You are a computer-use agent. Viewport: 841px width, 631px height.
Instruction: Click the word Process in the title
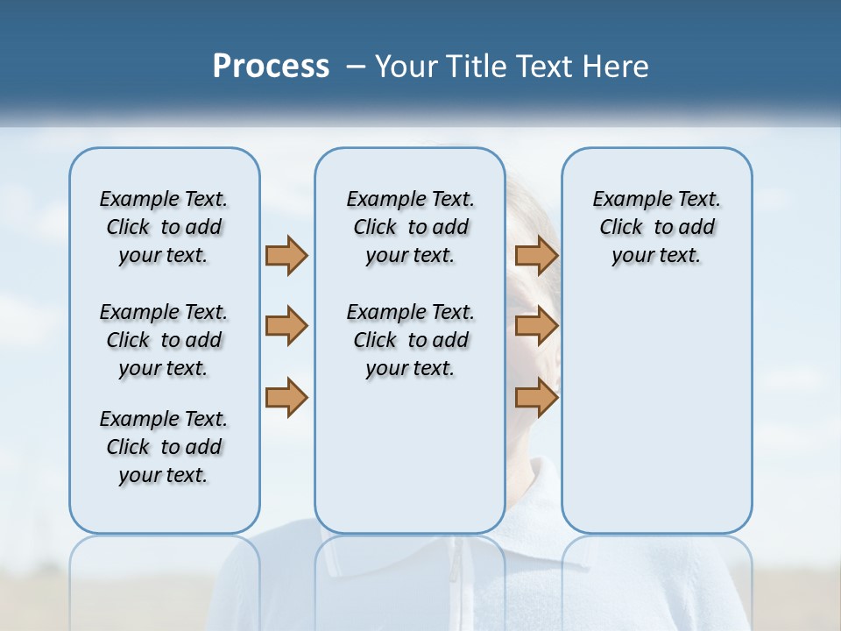[x=271, y=66]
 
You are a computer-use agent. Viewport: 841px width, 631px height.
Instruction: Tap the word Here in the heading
[x=616, y=66]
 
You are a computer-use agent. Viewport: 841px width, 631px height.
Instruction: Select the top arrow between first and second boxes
[x=286, y=255]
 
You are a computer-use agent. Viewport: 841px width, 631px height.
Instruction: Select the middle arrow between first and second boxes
[x=286, y=326]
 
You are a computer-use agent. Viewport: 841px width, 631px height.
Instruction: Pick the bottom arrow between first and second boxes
[x=286, y=398]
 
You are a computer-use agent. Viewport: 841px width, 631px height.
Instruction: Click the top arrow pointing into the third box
[x=536, y=255]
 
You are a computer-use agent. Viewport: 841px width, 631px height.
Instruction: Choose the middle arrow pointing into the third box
[x=536, y=326]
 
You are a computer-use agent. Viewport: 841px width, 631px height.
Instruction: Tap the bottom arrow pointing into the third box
[x=536, y=398]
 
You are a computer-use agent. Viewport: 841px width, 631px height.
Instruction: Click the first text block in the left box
[x=164, y=227]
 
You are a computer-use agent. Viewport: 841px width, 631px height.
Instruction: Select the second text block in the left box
[x=164, y=340]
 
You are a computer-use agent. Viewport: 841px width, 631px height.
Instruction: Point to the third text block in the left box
[x=164, y=447]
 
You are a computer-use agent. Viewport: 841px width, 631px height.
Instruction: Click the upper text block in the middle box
[x=410, y=227]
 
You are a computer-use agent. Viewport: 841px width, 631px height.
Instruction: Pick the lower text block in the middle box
[x=410, y=340]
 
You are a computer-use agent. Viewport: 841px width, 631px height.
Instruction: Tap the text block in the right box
[x=656, y=227]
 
